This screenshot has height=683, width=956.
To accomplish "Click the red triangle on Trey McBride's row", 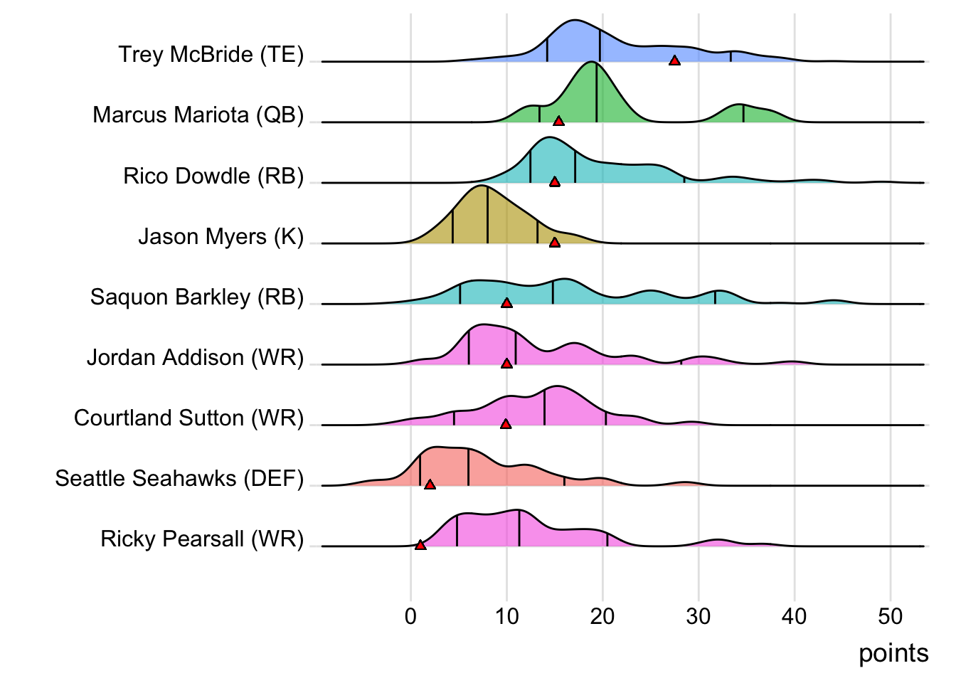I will (x=674, y=60).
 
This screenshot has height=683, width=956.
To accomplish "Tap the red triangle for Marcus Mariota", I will (x=558, y=121).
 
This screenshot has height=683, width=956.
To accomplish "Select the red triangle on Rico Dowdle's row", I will (x=555, y=181).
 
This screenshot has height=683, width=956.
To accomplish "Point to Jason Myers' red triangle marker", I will (x=555, y=243).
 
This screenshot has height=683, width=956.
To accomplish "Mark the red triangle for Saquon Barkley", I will (x=506, y=303).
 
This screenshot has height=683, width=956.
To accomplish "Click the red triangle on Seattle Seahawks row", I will (x=430, y=485).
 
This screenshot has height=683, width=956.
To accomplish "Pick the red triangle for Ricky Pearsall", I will (x=420, y=545).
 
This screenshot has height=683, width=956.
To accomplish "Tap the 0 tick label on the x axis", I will (x=410, y=616).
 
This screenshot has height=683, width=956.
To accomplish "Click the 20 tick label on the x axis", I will (x=602, y=616).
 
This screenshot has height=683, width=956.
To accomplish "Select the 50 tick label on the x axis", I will (x=890, y=616).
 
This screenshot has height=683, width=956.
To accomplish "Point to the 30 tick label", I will (x=698, y=616).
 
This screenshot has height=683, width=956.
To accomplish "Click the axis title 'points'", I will (x=893, y=653).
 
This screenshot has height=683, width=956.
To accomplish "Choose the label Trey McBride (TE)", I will (x=211, y=55).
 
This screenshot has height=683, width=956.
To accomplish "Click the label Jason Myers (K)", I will (x=221, y=236).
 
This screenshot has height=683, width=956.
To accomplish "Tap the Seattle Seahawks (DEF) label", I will (x=179, y=478).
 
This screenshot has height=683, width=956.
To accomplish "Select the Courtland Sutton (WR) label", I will (x=188, y=418).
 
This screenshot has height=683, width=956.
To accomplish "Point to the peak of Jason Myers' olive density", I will (x=482, y=187).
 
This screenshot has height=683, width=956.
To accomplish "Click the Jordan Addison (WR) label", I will (x=196, y=357).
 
